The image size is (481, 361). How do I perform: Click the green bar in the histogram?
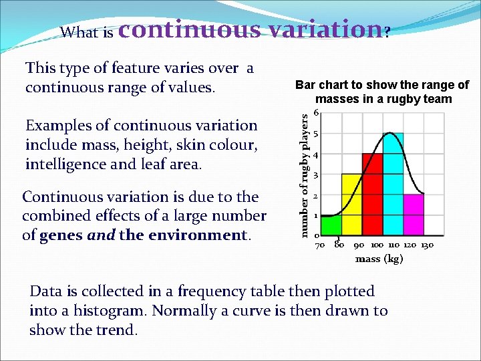click(x=331, y=225)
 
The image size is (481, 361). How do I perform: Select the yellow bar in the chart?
click(x=351, y=205)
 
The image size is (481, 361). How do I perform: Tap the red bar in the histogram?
click(x=372, y=194)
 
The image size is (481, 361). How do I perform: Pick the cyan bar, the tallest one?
click(x=393, y=184)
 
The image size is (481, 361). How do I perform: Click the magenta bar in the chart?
click(x=414, y=214)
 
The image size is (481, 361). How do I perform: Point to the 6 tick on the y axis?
click(x=317, y=113)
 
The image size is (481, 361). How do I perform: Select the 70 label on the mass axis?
click(x=320, y=245)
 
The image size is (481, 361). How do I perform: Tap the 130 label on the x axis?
click(x=428, y=245)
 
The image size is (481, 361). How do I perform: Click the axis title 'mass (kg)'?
click(x=379, y=259)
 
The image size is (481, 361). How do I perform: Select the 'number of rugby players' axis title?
click(x=305, y=174)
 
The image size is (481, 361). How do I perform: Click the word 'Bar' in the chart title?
click(x=305, y=85)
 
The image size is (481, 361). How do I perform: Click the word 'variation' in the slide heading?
click(x=314, y=29)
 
